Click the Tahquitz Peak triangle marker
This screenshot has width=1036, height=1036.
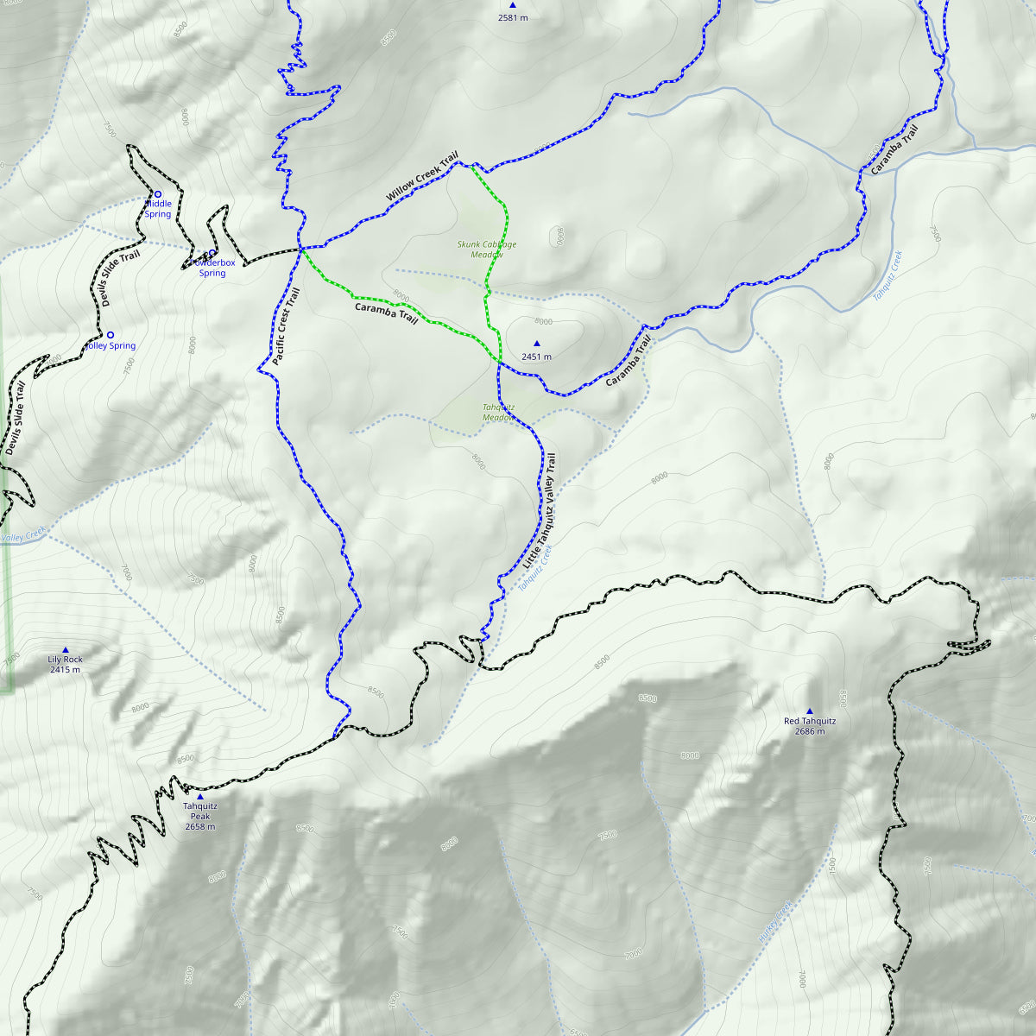click(200, 796)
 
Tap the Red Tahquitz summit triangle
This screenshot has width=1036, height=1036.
click(809, 711)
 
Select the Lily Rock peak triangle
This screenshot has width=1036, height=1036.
click(65, 650)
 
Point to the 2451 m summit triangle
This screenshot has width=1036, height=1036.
click(536, 344)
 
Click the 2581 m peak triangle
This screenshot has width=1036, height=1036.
click(512, 5)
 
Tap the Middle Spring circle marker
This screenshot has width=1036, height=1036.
click(157, 194)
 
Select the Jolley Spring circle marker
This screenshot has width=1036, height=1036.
click(110, 334)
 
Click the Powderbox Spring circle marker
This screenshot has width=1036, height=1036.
click(212, 253)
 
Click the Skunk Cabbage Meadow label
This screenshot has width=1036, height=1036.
click(487, 250)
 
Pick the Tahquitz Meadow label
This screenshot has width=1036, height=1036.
click(498, 413)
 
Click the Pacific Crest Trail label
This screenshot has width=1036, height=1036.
click(285, 327)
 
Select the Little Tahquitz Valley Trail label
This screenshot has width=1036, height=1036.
click(540, 510)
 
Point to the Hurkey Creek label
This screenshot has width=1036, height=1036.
click(774, 922)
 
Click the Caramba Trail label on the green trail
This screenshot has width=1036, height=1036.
click(386, 313)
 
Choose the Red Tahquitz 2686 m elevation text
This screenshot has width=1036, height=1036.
click(809, 731)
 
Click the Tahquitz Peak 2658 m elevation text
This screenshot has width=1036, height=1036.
click(200, 826)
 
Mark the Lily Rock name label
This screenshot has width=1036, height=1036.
click(65, 660)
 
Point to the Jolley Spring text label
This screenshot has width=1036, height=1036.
click(111, 346)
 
